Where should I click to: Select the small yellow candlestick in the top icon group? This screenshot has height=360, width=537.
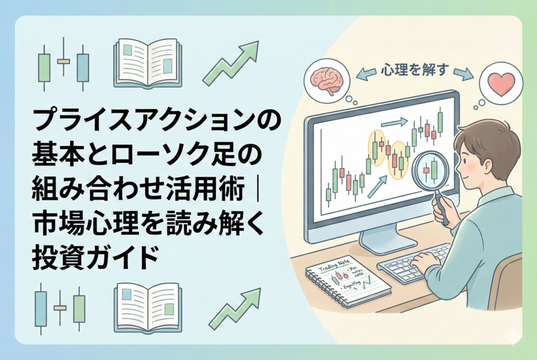pyautogui.click(x=63, y=61)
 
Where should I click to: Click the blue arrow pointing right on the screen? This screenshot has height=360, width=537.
pyautogui.click(x=394, y=123)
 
